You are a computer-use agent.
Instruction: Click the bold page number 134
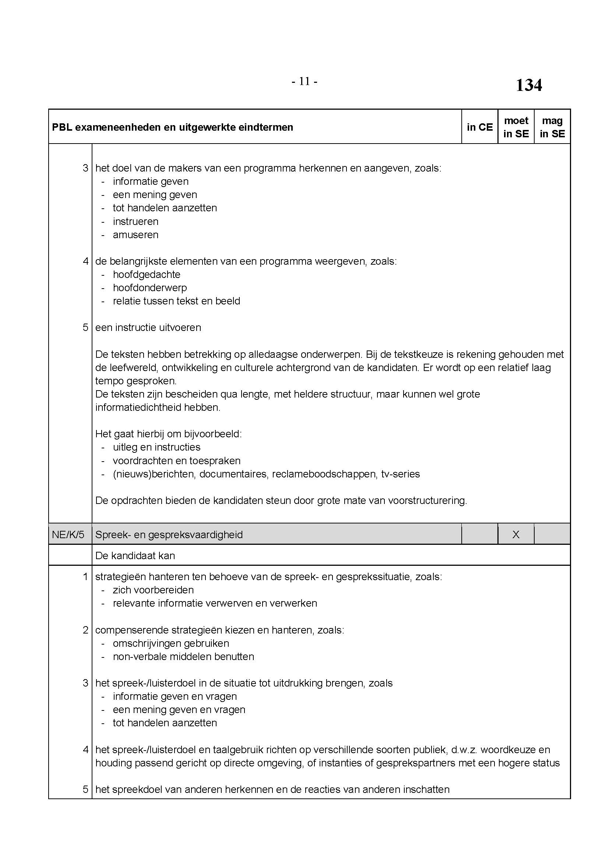[528, 85]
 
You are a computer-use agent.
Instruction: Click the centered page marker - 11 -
[304, 81]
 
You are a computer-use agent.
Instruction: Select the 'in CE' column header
[480, 127]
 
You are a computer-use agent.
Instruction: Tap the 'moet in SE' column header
[516, 127]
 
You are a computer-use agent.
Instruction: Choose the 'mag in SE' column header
[552, 127]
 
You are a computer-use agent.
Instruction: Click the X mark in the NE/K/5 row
[515, 534]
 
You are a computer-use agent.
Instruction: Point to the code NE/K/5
[68, 534]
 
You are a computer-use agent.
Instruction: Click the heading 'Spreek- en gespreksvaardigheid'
[169, 534]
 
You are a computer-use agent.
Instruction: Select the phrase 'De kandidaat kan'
[135, 555]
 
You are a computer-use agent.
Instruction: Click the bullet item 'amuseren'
[135, 235]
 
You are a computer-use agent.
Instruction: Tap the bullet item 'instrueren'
[135, 221]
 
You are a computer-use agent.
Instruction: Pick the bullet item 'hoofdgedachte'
[147, 275]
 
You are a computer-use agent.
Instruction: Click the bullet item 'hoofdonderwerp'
[149, 287]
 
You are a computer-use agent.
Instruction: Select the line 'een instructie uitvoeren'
[148, 327]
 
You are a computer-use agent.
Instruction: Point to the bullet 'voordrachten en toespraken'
[177, 461]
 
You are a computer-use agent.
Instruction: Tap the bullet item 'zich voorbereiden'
[153, 590]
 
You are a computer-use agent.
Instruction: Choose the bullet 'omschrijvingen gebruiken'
[170, 643]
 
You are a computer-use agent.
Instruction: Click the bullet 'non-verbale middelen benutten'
[183, 656]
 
